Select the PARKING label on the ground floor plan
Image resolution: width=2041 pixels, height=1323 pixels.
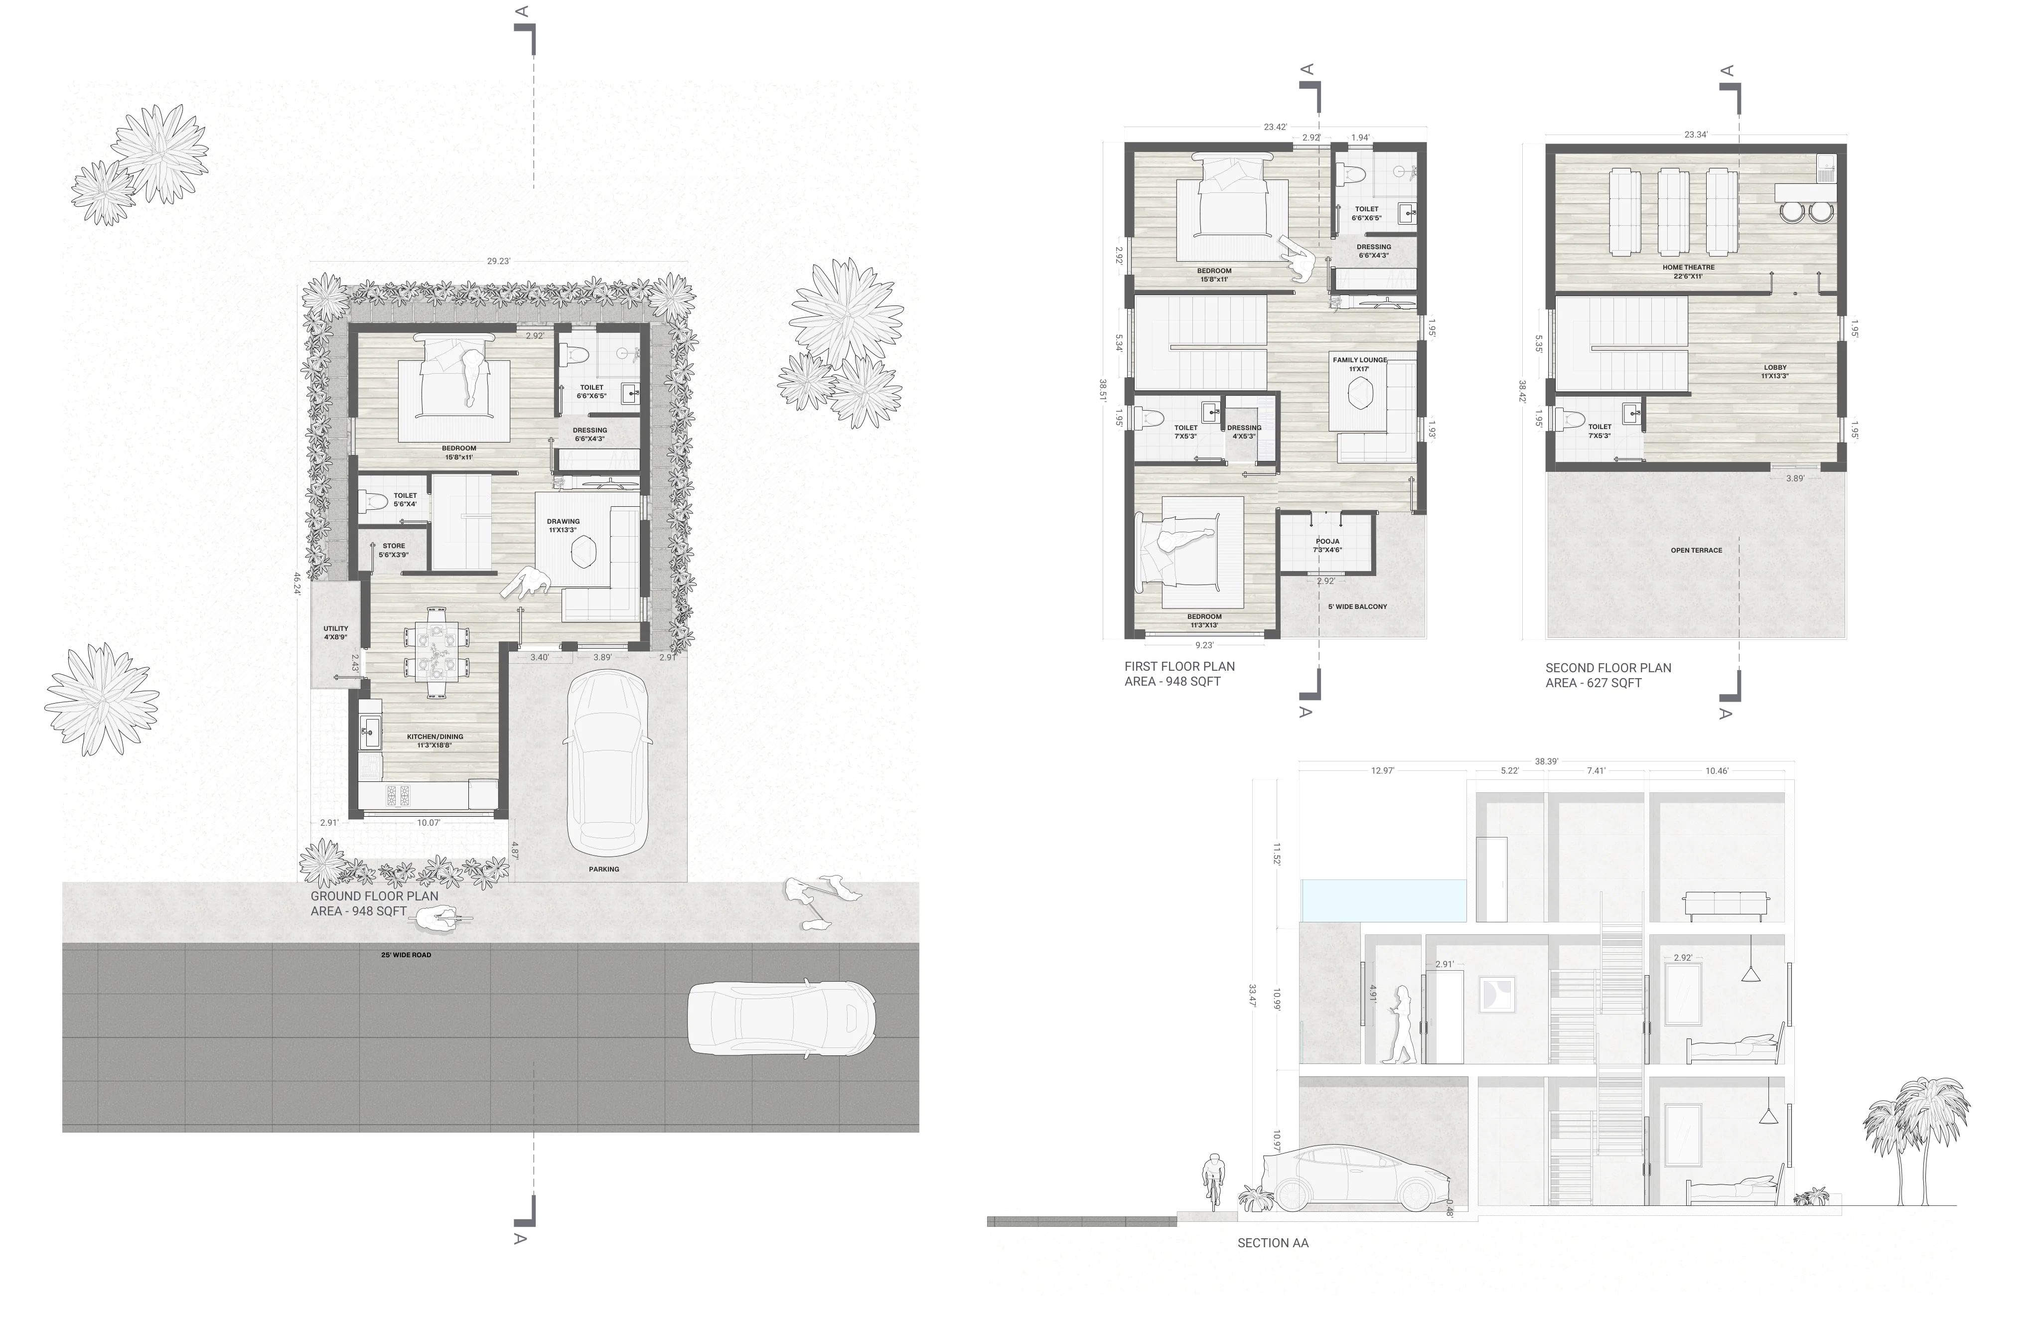[x=604, y=869]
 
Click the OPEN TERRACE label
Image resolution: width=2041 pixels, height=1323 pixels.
[x=1696, y=551]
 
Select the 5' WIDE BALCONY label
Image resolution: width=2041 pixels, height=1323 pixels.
[x=1357, y=606]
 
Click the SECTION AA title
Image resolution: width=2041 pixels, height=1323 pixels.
[x=1273, y=1242]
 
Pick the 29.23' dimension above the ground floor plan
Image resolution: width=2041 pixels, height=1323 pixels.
[x=498, y=261]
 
